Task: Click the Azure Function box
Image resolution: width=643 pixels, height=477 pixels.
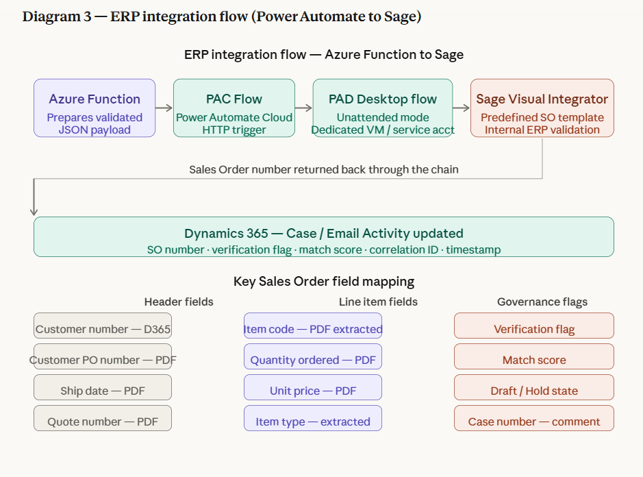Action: tap(94, 108)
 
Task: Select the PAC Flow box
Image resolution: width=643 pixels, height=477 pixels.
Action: tap(234, 108)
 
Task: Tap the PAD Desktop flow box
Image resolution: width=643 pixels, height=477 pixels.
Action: tap(383, 108)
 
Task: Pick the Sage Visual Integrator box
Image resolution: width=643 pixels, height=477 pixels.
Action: tap(542, 108)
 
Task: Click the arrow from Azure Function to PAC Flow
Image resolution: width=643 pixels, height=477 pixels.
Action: tap(164, 108)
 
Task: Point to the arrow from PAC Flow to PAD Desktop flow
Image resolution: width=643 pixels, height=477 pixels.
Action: tap(303, 108)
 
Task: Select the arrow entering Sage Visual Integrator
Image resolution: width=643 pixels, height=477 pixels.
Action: tap(462, 108)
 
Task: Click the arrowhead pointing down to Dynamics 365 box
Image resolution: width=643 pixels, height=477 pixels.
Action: tap(34, 212)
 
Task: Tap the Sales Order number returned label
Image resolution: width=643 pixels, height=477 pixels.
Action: tap(323, 169)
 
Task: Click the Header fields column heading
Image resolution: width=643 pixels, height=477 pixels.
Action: tap(179, 302)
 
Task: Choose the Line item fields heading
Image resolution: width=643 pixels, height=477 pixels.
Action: tap(378, 302)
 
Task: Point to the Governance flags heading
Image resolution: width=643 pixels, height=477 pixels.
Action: tap(542, 302)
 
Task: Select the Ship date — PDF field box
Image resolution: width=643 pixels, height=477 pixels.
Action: tap(103, 387)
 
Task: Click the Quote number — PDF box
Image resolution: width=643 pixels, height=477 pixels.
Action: tap(103, 418)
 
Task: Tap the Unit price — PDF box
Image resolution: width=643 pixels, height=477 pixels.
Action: tap(313, 387)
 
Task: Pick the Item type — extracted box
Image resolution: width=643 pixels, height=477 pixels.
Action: tap(313, 418)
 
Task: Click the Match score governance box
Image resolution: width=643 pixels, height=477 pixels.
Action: tap(534, 356)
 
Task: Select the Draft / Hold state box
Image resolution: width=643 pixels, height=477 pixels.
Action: tap(534, 387)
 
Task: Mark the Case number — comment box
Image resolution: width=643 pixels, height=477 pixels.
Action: tap(534, 418)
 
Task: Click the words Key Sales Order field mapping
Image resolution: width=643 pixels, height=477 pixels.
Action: tap(323, 282)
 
